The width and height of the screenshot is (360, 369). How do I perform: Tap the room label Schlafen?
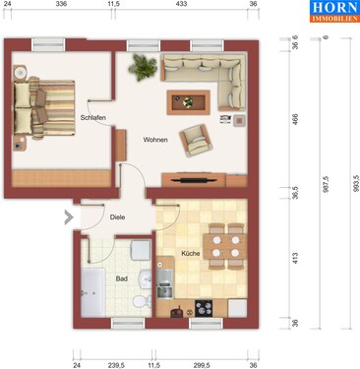(93, 118)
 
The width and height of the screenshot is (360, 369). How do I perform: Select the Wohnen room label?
(154, 140)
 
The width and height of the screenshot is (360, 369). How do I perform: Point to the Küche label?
(191, 254)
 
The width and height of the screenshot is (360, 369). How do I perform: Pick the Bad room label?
(120, 279)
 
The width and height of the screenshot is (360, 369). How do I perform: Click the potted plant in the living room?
(146, 67)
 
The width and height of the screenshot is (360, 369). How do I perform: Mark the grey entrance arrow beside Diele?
(69, 217)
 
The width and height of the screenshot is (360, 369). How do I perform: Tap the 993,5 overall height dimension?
(342, 187)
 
